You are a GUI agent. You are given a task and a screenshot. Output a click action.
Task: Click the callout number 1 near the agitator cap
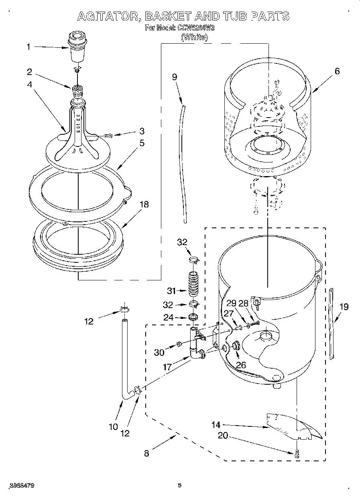(x=28, y=47)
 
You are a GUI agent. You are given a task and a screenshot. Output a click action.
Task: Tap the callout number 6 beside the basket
(x=337, y=71)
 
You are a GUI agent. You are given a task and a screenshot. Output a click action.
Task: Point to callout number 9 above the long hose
(x=175, y=77)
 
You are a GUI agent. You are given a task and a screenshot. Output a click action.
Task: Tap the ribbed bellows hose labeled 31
(x=194, y=284)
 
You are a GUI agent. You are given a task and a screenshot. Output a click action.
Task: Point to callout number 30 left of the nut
(x=159, y=353)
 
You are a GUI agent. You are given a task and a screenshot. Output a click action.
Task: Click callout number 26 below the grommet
(x=241, y=365)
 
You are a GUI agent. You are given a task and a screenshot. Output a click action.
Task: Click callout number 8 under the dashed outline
(x=146, y=453)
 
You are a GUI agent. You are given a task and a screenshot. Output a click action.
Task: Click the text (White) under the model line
(x=195, y=37)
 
